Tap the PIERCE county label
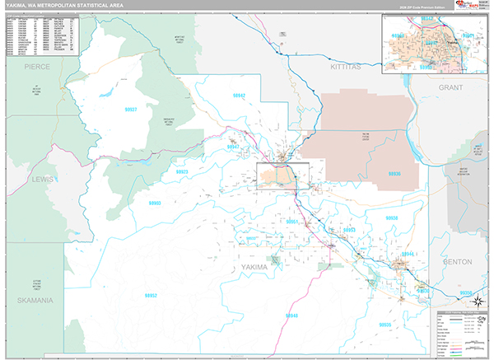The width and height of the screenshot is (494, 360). click(x=36, y=64)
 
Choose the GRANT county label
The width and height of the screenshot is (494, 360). click(x=451, y=86)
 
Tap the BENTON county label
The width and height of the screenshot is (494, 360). click(x=457, y=261)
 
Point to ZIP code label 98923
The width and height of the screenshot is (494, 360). click(x=182, y=171)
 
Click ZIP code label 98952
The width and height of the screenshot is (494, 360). click(x=151, y=295)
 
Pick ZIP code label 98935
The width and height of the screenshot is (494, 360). click(x=384, y=325)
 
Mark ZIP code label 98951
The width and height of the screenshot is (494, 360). click(x=292, y=222)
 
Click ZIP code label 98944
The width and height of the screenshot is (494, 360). click(x=407, y=255)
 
